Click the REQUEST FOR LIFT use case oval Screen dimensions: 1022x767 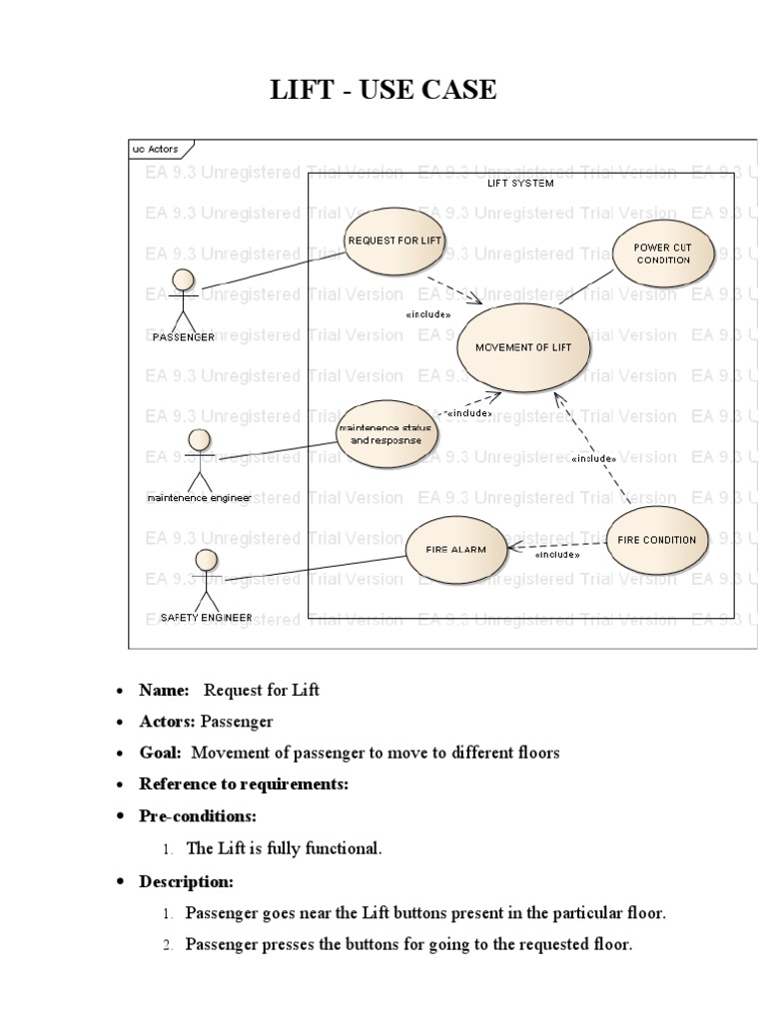[x=394, y=241]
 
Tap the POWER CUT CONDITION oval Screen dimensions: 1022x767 [x=664, y=253]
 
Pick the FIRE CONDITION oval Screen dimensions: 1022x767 [x=656, y=540]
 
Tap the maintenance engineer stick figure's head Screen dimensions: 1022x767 [x=199, y=440]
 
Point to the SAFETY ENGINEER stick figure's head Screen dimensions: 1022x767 [x=206, y=560]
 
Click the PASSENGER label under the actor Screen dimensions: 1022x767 [x=183, y=337]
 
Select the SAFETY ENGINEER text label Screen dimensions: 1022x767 [x=206, y=618]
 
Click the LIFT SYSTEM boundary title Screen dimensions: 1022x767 [x=519, y=183]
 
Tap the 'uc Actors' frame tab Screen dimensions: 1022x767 [x=155, y=149]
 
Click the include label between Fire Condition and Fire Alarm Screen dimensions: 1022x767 [x=558, y=556]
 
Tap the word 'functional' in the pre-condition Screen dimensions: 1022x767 [x=343, y=848]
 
